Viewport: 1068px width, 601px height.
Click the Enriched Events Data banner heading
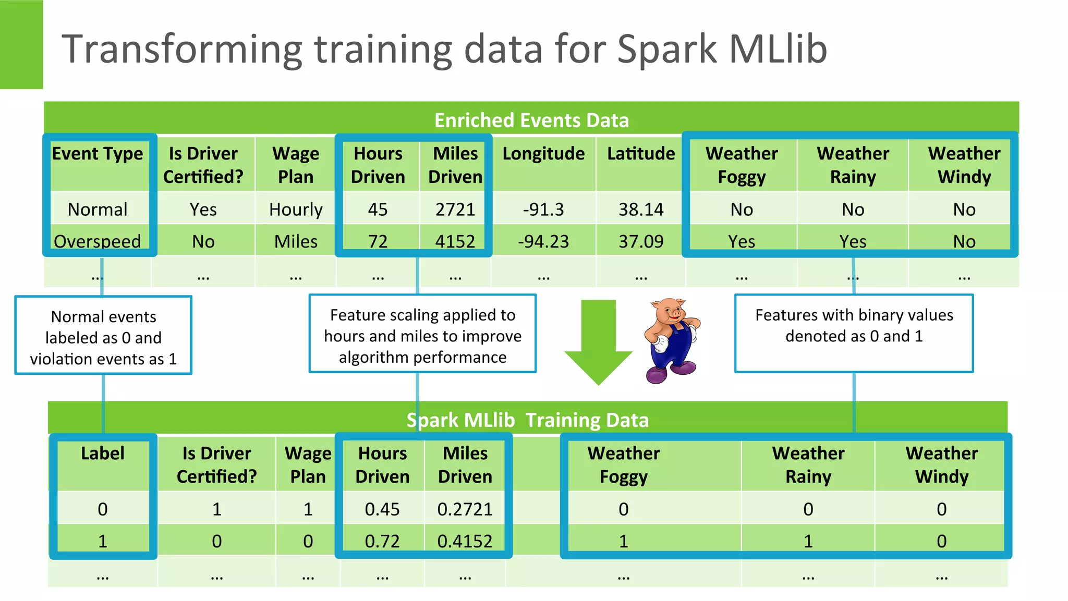click(531, 120)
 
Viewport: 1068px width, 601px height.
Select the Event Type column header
click(98, 154)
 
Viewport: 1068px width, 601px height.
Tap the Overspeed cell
click(98, 241)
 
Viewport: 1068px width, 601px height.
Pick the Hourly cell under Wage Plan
click(296, 210)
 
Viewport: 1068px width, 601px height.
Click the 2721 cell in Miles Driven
click(455, 210)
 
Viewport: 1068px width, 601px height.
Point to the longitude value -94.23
click(543, 241)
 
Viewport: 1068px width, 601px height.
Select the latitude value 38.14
click(641, 210)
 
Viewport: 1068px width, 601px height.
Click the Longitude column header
click(543, 154)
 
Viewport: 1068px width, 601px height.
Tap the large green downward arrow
click(599, 341)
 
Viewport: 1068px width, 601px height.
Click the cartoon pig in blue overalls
click(672, 340)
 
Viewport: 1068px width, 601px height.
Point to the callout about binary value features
click(854, 326)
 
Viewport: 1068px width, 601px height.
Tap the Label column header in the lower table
click(103, 453)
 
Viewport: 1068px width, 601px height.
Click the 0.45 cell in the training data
click(382, 509)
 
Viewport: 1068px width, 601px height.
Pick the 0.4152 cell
click(465, 541)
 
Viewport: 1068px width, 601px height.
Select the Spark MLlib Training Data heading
click(527, 420)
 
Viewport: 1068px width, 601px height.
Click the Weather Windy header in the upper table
click(964, 165)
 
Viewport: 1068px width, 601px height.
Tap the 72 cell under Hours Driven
click(378, 241)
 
